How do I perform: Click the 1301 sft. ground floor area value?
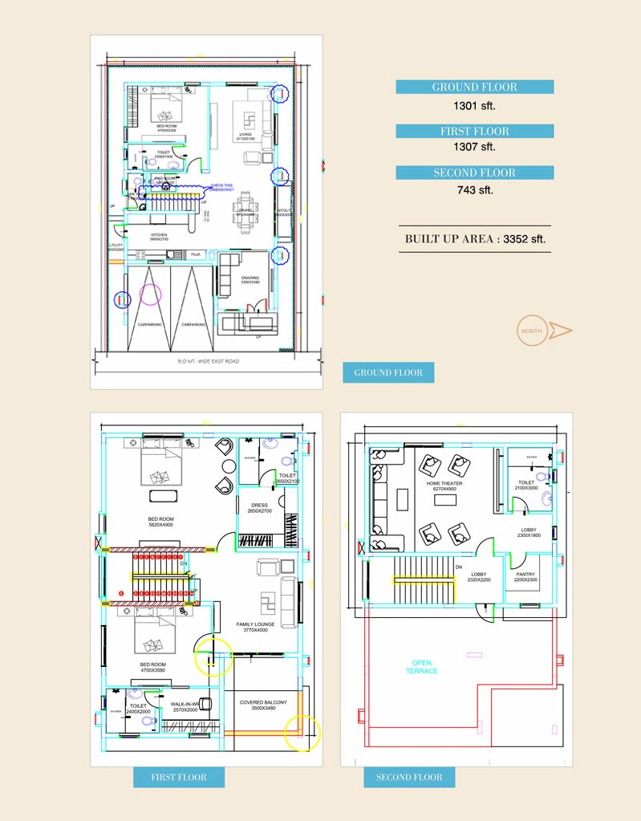[x=475, y=104]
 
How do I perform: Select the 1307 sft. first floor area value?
[x=475, y=147]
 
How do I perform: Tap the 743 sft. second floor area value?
[x=475, y=189]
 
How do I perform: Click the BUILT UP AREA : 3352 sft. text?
[x=475, y=239]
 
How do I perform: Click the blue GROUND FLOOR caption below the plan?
[x=388, y=372]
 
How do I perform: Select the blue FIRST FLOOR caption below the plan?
[x=178, y=777]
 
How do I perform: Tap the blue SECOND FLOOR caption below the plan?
[x=409, y=777]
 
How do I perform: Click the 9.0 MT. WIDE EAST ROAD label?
[x=208, y=361]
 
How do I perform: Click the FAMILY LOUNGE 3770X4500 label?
[x=255, y=627]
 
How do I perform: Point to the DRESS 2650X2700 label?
[x=259, y=508]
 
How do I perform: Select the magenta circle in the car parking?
[x=151, y=293]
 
